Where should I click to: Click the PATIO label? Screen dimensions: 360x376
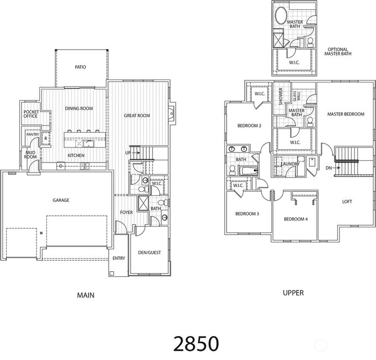80,67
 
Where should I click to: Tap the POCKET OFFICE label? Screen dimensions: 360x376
30,114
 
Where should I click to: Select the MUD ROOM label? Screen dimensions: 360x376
30,154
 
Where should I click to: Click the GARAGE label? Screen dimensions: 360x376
61,200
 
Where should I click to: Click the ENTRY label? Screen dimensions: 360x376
119,259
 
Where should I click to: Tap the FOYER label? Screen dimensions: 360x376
127,213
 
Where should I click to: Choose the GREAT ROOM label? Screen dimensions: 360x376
137,115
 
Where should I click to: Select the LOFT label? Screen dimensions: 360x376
347,201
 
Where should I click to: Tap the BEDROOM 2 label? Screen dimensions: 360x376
249,125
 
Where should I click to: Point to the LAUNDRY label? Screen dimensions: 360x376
290,164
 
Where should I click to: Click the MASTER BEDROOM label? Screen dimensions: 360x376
345,114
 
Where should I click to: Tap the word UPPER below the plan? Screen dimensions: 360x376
293,293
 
